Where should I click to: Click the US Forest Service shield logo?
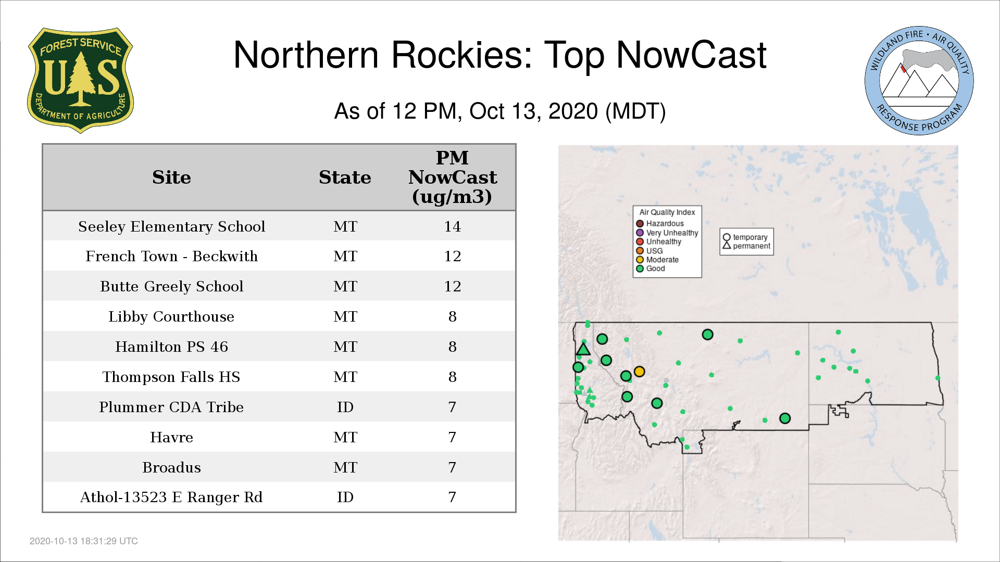pyautogui.click(x=80, y=80)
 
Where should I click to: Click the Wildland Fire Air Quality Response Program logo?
pyautogui.click(x=919, y=81)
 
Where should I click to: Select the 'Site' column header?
pyautogui.click(x=171, y=177)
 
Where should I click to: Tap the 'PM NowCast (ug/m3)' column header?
pyautogui.click(x=452, y=177)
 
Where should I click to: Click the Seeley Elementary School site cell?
pyautogui.click(x=171, y=227)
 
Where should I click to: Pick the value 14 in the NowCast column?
pyautogui.click(x=452, y=226)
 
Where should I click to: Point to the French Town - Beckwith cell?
pyautogui.click(x=171, y=256)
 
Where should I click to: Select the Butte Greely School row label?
pyautogui.click(x=171, y=287)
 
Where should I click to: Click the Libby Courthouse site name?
pyautogui.click(x=171, y=317)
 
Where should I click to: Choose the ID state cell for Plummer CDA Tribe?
pyautogui.click(x=345, y=407)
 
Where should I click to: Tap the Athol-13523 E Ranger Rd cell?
pyautogui.click(x=171, y=497)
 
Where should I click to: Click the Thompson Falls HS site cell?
pyautogui.click(x=171, y=377)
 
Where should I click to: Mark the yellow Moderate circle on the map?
pyautogui.click(x=640, y=372)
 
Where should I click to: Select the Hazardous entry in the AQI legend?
pyautogui.click(x=660, y=224)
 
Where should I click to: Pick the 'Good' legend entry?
pyautogui.click(x=651, y=269)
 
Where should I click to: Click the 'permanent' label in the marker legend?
pyautogui.click(x=752, y=246)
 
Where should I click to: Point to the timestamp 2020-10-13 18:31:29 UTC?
pyautogui.click(x=84, y=541)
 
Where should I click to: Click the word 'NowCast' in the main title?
pyautogui.click(x=691, y=55)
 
